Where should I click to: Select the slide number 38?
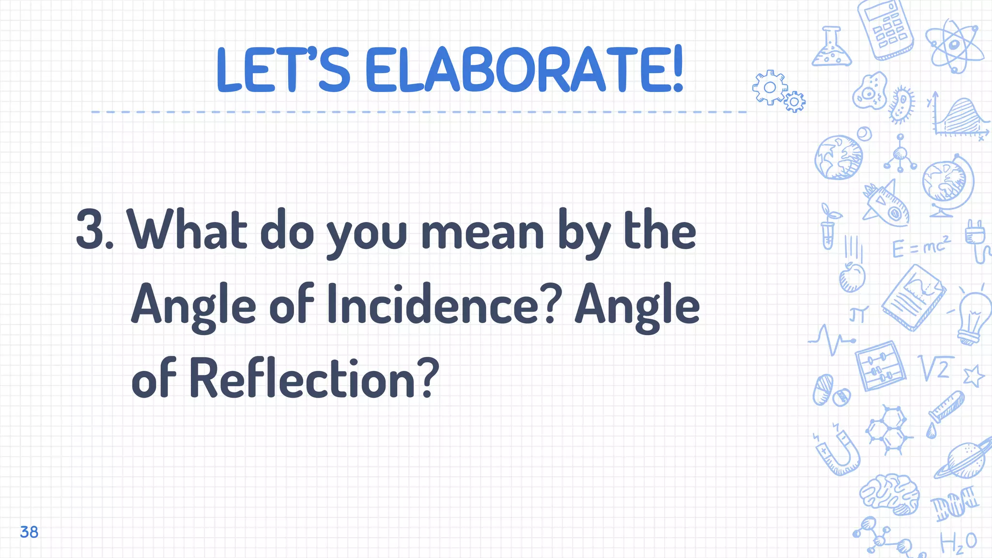tap(29, 532)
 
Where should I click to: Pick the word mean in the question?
tap(482, 232)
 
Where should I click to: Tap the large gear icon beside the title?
tap(769, 87)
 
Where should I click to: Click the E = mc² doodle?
tap(920, 247)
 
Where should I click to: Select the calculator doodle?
tap(885, 29)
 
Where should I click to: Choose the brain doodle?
tap(890, 494)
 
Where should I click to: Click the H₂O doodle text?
tap(958, 542)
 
